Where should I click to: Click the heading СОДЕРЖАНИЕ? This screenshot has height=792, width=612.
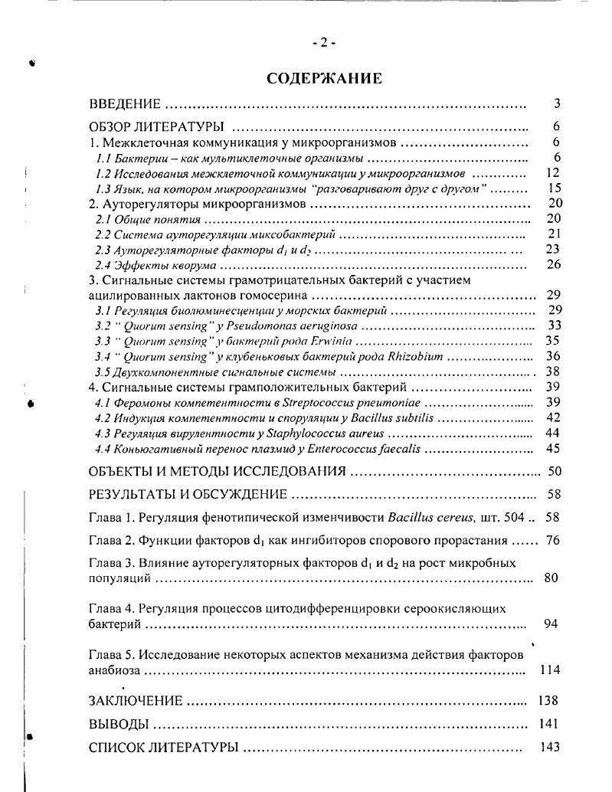[x=324, y=78]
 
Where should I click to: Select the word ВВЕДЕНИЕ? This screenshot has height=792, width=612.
[x=125, y=104]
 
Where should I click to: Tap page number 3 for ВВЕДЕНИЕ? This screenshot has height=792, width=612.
[x=557, y=104]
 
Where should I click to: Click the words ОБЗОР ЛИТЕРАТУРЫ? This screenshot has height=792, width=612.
[x=156, y=127]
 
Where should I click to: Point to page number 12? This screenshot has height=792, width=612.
[x=554, y=173]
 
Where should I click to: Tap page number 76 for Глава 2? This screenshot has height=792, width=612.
[x=553, y=540]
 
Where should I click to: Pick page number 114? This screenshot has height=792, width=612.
[x=550, y=669]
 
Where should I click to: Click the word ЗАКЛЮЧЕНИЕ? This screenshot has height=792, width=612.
[x=136, y=700]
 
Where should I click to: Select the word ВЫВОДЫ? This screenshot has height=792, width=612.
[x=118, y=723]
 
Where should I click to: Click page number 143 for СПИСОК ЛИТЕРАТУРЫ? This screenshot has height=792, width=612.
[x=549, y=746]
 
